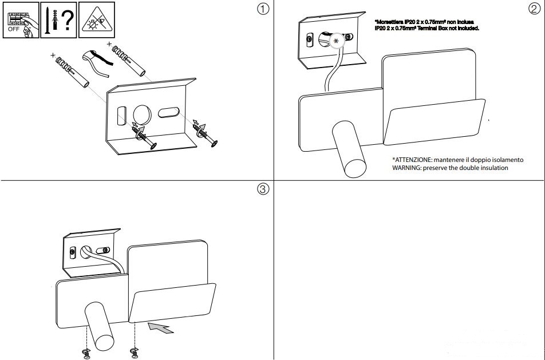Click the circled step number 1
click(x=263, y=9)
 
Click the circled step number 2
click(x=534, y=9)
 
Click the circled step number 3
click(x=263, y=189)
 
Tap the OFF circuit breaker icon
click(x=21, y=20)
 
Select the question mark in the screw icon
click(x=68, y=20)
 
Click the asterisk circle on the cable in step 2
click(x=335, y=41)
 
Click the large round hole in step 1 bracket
click(x=143, y=114)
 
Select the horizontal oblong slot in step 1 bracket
click(x=168, y=113)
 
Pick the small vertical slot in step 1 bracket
click(x=121, y=116)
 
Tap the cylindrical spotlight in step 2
click(x=349, y=149)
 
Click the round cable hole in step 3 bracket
click(x=86, y=252)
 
